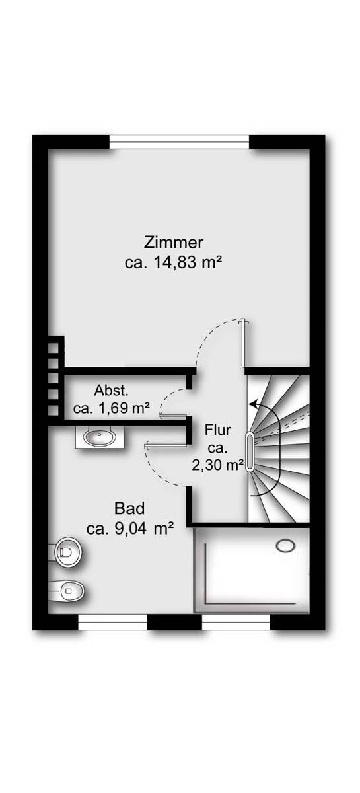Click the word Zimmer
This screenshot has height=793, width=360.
[174, 243]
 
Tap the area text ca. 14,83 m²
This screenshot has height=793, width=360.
[174, 263]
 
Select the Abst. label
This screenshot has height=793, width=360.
[111, 391]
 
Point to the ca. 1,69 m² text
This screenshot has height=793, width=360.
[111, 408]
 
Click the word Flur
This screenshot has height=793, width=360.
[218, 430]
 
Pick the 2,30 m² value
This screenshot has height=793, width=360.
[218, 465]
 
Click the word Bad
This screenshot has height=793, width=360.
[129, 509]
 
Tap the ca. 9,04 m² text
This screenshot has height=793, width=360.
[130, 529]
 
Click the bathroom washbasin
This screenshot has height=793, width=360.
[100, 437]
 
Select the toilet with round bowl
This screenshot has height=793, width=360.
[68, 552]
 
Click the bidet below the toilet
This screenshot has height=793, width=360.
[67, 590]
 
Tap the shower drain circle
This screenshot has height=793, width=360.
[285, 546]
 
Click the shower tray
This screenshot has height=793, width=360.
[252, 570]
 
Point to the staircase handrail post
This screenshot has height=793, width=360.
[250, 452]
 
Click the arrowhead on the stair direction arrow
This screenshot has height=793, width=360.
[252, 404]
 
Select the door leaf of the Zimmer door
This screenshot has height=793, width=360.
[243, 344]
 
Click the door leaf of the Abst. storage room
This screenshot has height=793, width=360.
[173, 415]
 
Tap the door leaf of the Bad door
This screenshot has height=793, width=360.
[166, 445]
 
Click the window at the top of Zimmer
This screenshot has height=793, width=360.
[179, 142]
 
